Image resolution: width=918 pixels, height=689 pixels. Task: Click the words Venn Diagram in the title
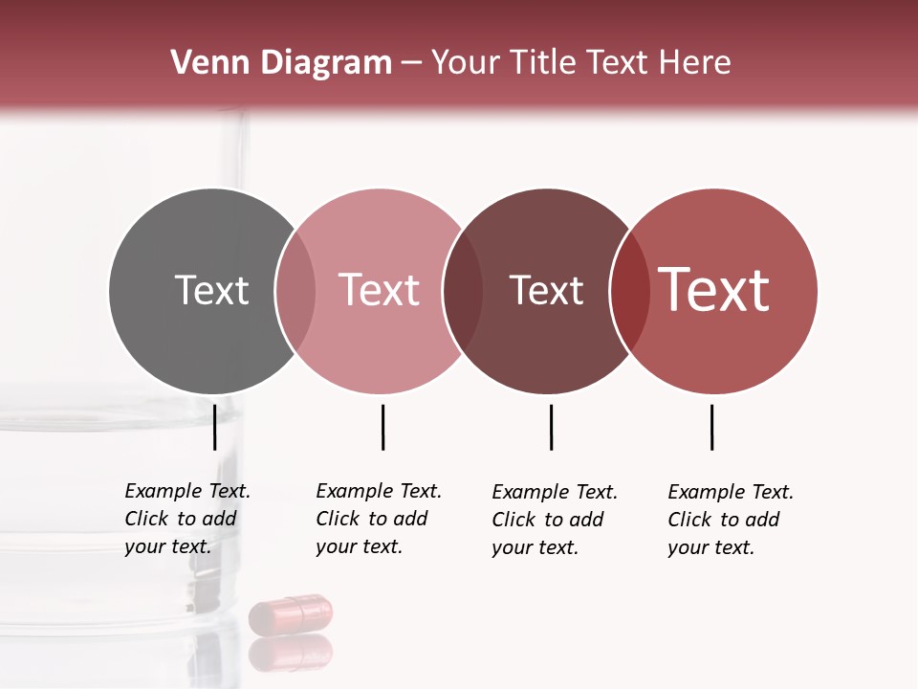(x=281, y=63)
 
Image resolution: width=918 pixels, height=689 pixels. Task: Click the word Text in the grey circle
(x=211, y=290)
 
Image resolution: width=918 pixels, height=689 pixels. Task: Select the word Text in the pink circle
(x=379, y=290)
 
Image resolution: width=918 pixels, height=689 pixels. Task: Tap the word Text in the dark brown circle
(x=546, y=290)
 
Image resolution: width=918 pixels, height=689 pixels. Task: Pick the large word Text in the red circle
(x=714, y=290)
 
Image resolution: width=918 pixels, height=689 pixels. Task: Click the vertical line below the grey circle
(x=214, y=427)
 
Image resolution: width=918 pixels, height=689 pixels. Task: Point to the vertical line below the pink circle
(x=382, y=427)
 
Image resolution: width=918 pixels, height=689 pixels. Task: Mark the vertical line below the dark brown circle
(x=551, y=427)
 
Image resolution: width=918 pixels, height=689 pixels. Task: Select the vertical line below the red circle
(x=711, y=427)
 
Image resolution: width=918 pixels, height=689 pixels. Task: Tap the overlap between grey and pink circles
(x=295, y=291)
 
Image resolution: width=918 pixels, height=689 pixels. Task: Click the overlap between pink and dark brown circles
(x=463, y=291)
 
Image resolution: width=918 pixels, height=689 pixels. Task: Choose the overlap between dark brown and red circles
(x=629, y=291)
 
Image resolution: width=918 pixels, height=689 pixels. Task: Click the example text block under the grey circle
(x=186, y=519)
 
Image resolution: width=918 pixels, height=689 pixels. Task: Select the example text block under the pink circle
(x=378, y=519)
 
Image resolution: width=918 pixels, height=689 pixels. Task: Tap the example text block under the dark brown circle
(x=554, y=520)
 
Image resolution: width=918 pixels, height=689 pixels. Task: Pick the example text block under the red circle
(x=730, y=520)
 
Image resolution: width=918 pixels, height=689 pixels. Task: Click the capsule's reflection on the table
(x=291, y=653)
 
